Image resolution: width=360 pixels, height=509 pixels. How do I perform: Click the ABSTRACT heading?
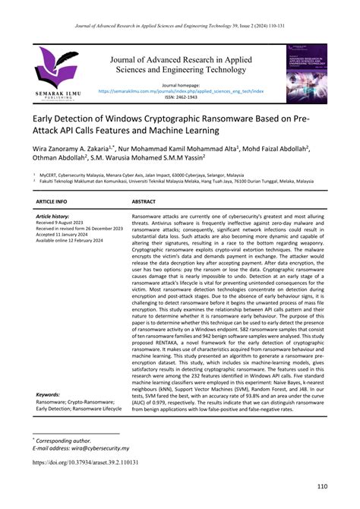[x=144, y=202]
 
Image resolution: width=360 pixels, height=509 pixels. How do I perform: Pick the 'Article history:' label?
[x=54, y=217]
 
